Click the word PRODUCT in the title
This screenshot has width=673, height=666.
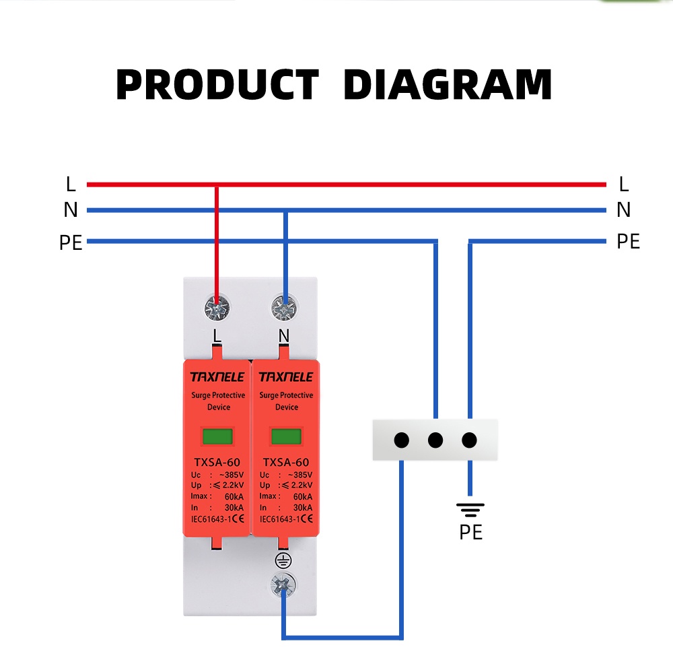click(x=217, y=86)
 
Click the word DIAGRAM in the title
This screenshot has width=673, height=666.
click(x=447, y=86)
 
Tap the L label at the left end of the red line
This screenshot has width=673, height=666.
click(x=71, y=184)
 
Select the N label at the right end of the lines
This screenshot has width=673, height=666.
click(x=623, y=210)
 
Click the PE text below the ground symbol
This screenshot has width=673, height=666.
click(x=471, y=533)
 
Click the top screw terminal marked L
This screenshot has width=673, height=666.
click(x=217, y=309)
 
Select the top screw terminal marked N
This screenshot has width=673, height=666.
click(x=284, y=309)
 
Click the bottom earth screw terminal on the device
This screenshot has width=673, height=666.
click(x=284, y=585)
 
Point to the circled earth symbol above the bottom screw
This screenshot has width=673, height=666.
click(x=283, y=560)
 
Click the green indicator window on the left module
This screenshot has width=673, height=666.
click(x=217, y=436)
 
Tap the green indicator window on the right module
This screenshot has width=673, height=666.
click(x=286, y=436)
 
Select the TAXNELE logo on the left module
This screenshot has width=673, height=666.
click(x=217, y=376)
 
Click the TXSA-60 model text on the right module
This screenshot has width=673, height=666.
click(x=286, y=462)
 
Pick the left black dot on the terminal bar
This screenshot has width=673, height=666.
click(x=401, y=440)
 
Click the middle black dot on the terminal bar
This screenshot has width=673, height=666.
click(x=435, y=440)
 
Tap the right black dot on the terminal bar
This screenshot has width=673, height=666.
click(x=470, y=440)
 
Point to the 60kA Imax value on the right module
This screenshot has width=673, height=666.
click(x=302, y=496)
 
